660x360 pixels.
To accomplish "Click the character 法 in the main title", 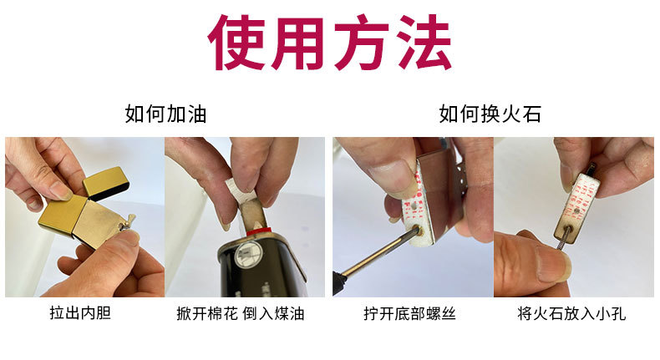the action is tap(422, 42).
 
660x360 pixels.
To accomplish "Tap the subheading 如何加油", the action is tap(165, 114).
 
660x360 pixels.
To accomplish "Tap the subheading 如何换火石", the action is tap(490, 114).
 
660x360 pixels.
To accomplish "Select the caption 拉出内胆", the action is tap(80, 313).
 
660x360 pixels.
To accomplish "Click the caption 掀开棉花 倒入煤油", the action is tap(241, 314).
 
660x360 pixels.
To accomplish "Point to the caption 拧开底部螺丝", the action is tap(409, 314).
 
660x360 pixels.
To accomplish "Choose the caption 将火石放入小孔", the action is tap(571, 314).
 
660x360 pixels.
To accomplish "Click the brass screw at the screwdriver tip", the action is tap(420, 230).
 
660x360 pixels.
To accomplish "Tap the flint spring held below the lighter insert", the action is tap(562, 240).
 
